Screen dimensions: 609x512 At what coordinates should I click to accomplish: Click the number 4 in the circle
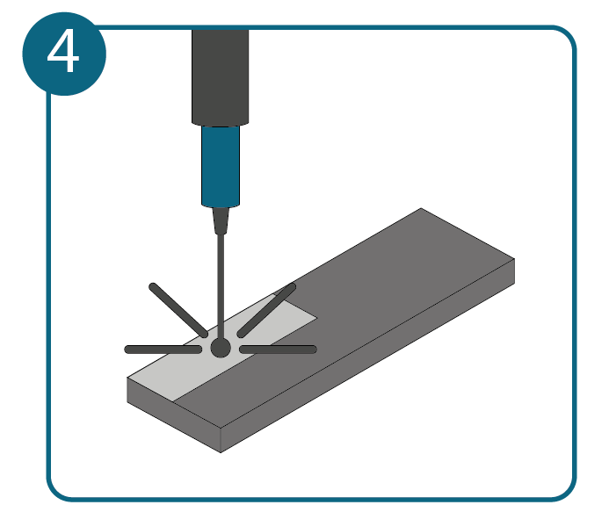[x=63, y=52]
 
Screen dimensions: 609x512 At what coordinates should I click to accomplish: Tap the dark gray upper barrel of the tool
[x=220, y=77]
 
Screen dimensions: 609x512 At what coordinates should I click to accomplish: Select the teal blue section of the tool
[x=221, y=167]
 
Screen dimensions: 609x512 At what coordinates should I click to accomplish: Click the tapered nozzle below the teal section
[x=221, y=220]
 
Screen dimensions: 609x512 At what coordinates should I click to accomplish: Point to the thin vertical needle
[x=221, y=286]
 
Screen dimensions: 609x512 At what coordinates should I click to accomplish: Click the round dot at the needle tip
[x=221, y=348]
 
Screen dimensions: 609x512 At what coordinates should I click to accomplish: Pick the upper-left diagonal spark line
[x=178, y=310]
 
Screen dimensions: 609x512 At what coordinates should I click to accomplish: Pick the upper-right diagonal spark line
[x=266, y=310]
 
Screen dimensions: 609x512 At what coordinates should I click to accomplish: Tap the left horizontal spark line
[x=163, y=350]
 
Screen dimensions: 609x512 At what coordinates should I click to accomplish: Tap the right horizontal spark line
[x=278, y=350]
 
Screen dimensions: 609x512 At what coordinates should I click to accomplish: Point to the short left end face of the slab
[x=174, y=415]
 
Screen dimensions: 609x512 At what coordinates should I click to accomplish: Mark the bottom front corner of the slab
[x=221, y=452]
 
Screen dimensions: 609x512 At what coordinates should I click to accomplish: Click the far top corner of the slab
[x=422, y=208]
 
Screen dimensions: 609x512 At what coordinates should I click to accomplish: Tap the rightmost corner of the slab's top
[x=515, y=259]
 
